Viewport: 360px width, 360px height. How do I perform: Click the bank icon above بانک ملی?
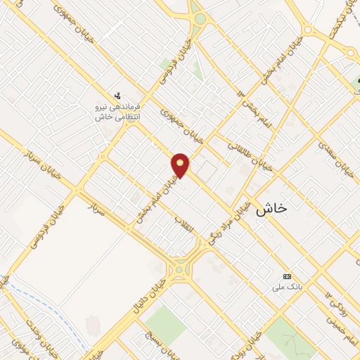[286, 276]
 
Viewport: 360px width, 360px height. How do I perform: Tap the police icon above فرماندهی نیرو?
[117, 94]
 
